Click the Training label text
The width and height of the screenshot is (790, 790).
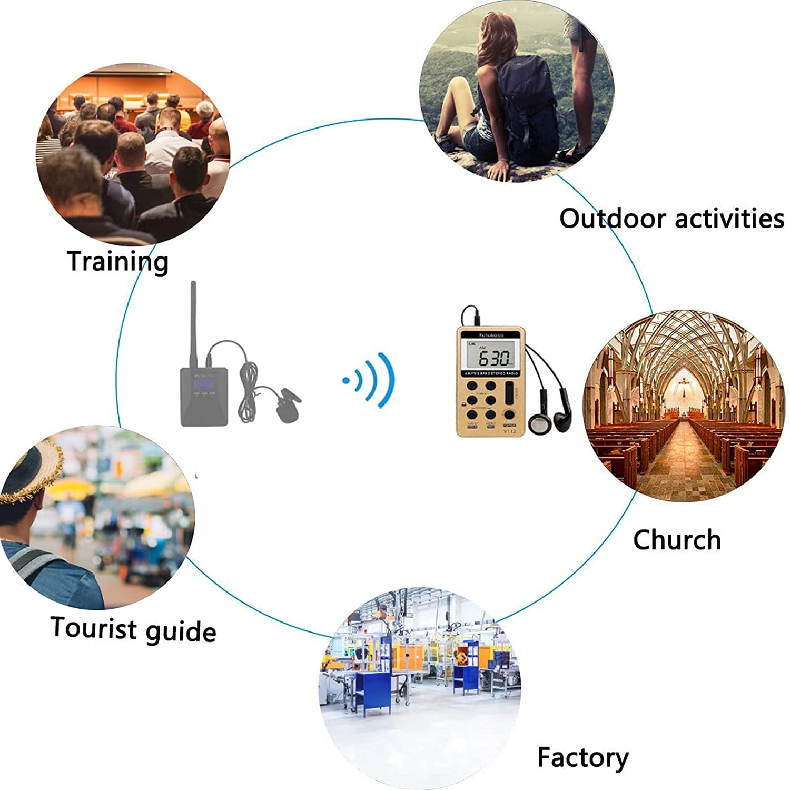(x=117, y=261)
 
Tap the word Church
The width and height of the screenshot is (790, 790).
(x=677, y=540)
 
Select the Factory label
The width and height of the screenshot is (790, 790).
(x=582, y=758)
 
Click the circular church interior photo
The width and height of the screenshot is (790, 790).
(x=684, y=406)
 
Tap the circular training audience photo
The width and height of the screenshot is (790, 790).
(x=133, y=154)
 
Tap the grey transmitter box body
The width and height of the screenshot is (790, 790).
(x=204, y=396)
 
